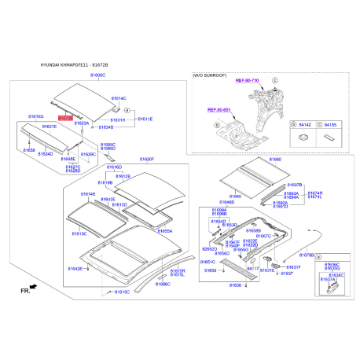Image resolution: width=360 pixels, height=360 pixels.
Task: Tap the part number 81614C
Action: [x=118, y=98]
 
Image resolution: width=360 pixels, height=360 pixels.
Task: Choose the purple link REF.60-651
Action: [x=219, y=111]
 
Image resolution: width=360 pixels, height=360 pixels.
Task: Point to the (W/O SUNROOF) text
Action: [x=209, y=74]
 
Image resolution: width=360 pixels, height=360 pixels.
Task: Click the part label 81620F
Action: [x=148, y=159]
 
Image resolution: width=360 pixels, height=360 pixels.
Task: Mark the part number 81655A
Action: [x=164, y=231]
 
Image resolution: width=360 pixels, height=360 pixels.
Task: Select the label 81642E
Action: [x=75, y=269]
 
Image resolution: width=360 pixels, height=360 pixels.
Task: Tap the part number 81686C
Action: [x=162, y=283]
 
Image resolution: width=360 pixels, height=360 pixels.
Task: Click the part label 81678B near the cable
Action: [x=307, y=255]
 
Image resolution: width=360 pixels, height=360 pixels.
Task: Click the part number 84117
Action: [x=253, y=268]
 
